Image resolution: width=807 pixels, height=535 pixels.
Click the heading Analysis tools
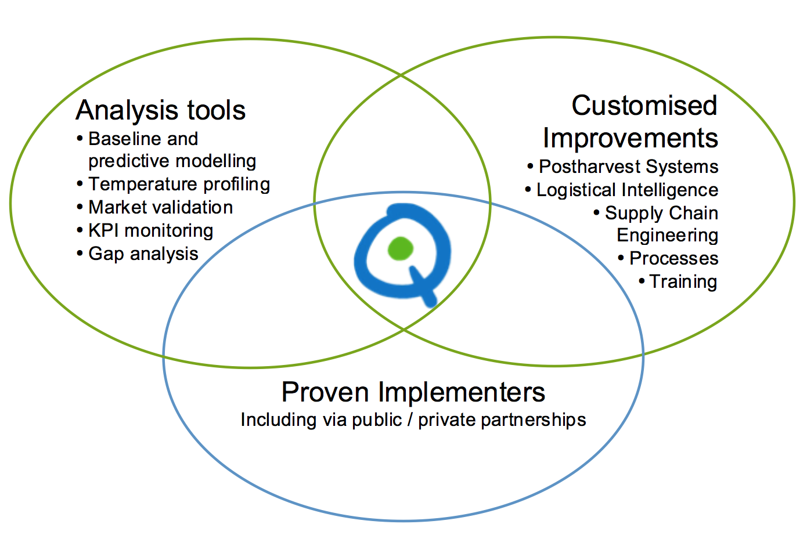click(x=161, y=110)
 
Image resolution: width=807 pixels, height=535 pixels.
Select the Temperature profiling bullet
click(x=174, y=185)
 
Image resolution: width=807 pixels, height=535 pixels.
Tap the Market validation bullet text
click(x=155, y=207)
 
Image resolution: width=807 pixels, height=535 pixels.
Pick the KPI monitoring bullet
click(x=145, y=230)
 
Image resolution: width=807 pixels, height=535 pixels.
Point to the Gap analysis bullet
click(x=138, y=254)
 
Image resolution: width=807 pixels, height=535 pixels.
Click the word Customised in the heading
click(x=644, y=106)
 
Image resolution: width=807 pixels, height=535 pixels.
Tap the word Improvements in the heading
click(x=631, y=138)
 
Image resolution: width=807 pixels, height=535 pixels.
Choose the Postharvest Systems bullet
click(x=623, y=167)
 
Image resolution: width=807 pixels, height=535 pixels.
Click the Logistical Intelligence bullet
click(x=622, y=190)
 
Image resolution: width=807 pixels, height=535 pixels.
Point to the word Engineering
click(x=668, y=236)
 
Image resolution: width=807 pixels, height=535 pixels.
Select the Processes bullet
click(x=668, y=258)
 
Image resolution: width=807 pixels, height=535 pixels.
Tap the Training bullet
click(x=678, y=281)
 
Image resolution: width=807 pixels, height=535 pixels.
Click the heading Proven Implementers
click(x=413, y=392)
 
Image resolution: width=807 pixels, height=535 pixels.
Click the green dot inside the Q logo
click(x=400, y=248)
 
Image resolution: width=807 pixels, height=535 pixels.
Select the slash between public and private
click(x=410, y=419)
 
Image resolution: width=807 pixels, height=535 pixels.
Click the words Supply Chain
click(x=661, y=213)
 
